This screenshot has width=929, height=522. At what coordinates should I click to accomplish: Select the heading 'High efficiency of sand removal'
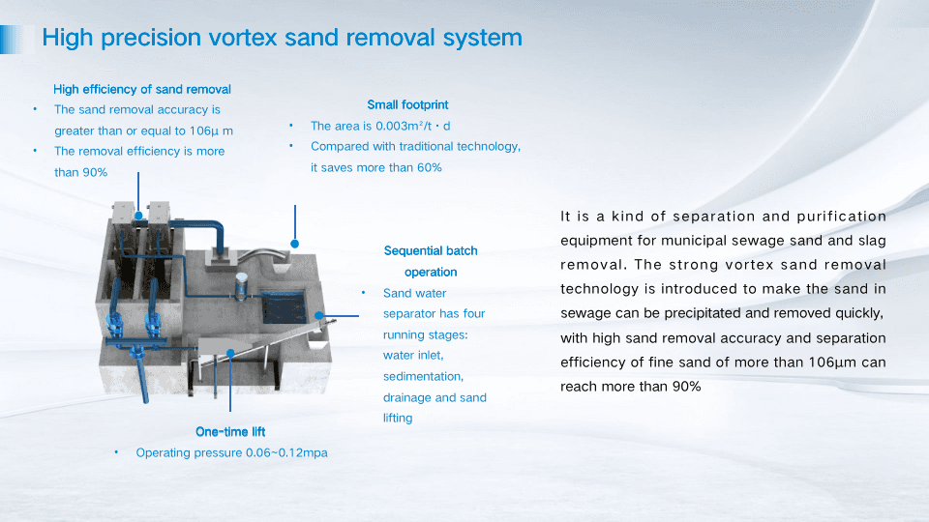tap(142, 89)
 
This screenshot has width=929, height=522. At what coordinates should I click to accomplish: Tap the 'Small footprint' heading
tap(407, 104)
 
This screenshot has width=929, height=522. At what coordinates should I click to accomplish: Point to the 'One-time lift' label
tap(230, 431)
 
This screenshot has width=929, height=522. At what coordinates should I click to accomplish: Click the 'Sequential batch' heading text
tap(431, 250)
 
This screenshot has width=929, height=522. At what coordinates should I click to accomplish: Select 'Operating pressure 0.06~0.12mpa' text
tap(231, 452)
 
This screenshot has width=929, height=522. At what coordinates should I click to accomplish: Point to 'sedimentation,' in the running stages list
tap(423, 376)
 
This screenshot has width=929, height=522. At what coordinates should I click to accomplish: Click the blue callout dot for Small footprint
tap(295, 244)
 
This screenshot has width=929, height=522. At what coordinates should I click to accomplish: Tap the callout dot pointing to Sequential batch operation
tap(319, 315)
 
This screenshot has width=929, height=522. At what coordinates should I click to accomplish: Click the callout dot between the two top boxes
tap(139, 214)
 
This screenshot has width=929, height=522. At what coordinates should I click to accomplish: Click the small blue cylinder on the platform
tap(240, 281)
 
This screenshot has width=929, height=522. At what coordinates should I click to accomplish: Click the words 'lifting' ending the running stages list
tap(398, 418)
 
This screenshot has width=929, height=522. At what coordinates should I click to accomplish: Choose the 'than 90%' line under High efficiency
tap(81, 172)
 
